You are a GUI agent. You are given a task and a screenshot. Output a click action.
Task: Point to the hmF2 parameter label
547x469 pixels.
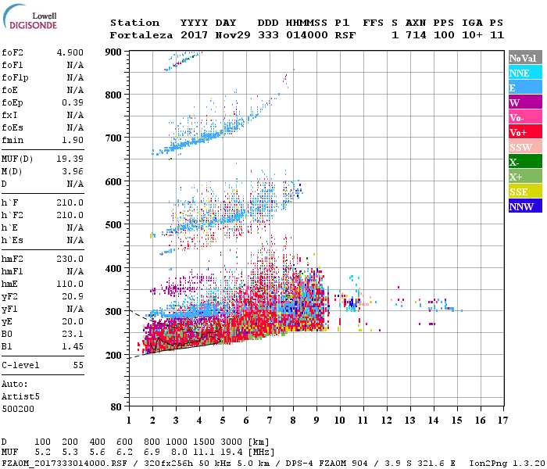[14, 259]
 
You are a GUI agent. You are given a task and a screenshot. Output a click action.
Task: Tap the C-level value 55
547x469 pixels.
[78, 365]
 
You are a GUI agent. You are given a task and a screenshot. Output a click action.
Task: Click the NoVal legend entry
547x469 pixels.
[523, 58]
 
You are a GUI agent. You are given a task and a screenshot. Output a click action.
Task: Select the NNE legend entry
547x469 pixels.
[520, 73]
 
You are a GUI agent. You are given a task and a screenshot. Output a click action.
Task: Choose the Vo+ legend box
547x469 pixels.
[520, 132]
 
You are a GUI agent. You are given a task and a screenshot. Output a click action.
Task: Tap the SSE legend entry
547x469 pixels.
[520, 192]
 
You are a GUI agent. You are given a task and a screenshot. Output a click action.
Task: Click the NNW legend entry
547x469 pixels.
[521, 206]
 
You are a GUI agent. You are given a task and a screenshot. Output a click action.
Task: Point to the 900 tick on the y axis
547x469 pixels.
[113, 52]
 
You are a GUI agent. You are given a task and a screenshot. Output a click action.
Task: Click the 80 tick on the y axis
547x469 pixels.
[116, 406]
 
